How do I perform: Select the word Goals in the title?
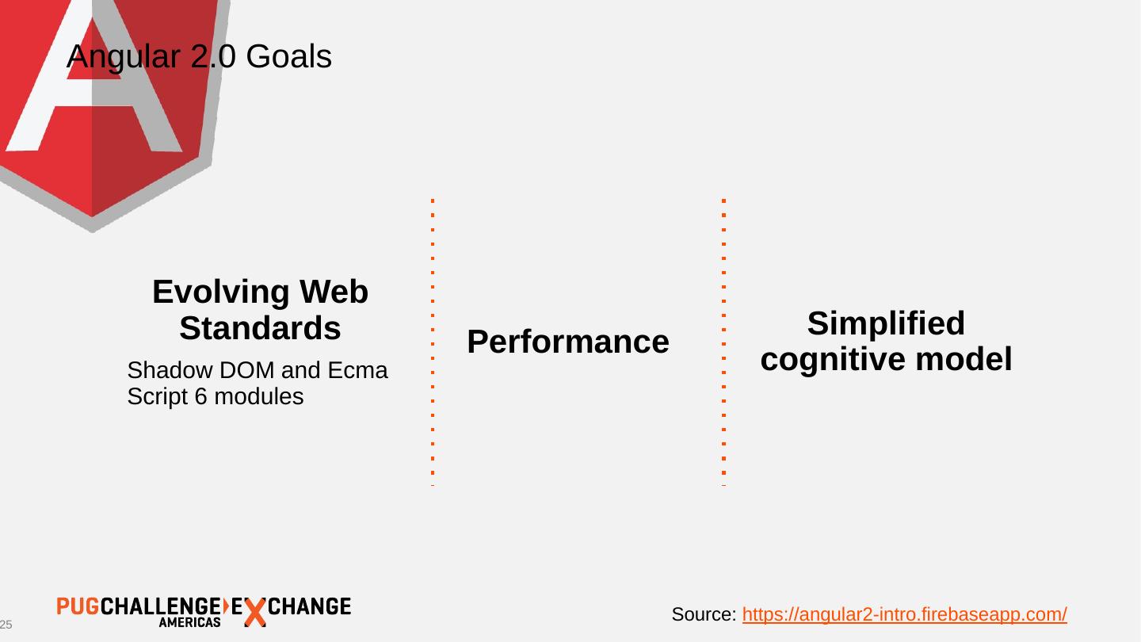289,57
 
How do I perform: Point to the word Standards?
260,328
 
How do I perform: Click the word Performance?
568,342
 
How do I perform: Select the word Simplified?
886,324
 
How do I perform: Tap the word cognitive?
832,360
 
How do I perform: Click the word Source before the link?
704,614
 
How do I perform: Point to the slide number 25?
6,625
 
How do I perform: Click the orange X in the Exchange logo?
254,612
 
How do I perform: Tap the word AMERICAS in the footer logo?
190,623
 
